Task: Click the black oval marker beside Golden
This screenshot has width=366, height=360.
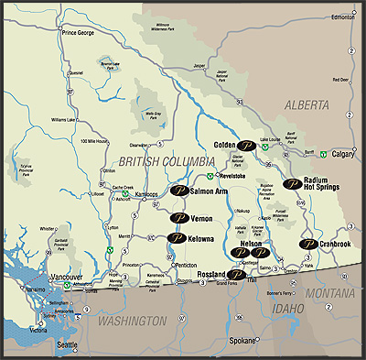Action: pyautogui.click(x=247, y=145)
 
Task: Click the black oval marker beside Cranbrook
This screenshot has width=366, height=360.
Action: pyautogui.click(x=308, y=245)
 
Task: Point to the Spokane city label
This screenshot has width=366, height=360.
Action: pyautogui.click(x=242, y=340)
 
